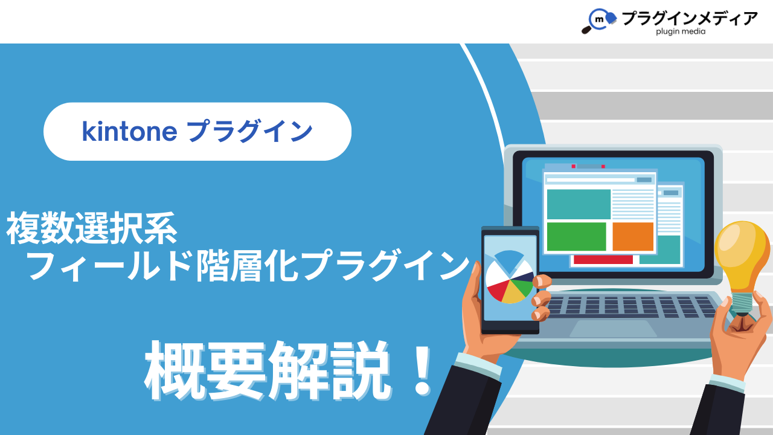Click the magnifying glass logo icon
(598, 21)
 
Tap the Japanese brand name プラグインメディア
(690, 18)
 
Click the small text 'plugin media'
(681, 31)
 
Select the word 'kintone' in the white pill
(129, 132)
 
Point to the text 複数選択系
(92, 228)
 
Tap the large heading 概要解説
(268, 371)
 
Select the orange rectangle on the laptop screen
(633, 236)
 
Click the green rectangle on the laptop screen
(576, 236)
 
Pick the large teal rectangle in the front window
(579, 204)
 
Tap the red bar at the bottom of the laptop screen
(603, 260)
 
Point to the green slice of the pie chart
(522, 287)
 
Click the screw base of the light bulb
(742, 304)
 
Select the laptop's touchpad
(613, 328)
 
